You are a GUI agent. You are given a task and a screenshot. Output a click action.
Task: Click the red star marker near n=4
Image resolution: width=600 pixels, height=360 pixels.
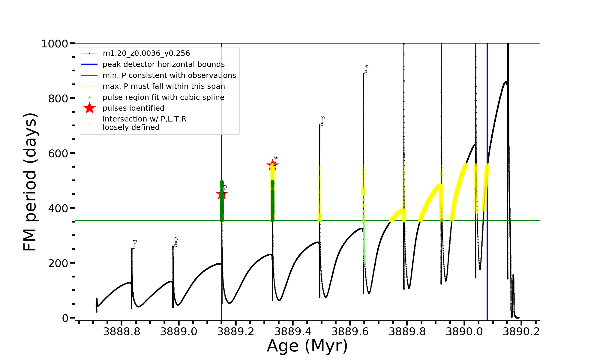[x=272, y=165]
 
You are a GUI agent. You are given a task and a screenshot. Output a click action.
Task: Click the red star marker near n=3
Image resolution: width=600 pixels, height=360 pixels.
[x=222, y=194]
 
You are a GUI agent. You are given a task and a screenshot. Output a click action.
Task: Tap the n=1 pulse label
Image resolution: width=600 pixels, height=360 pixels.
[x=135, y=244]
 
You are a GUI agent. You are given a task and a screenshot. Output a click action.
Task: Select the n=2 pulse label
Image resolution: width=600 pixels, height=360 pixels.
[x=176, y=241]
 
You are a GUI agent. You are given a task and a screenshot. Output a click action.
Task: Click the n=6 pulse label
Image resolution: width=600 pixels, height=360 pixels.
[x=366, y=69]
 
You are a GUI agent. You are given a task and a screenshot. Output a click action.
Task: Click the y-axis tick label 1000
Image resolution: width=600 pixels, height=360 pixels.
[x=55, y=44]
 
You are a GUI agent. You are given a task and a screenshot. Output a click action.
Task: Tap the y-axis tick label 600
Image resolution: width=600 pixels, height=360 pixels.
[x=58, y=153]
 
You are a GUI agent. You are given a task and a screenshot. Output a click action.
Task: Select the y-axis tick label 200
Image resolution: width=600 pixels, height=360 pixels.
[x=58, y=263]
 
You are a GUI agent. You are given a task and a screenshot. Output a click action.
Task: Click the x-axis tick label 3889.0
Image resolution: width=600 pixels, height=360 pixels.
[x=179, y=332]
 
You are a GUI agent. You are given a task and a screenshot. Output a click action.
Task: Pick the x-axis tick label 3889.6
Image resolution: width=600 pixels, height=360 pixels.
[x=350, y=332]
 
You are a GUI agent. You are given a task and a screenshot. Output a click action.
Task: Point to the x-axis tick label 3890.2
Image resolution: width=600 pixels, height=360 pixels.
[x=521, y=332]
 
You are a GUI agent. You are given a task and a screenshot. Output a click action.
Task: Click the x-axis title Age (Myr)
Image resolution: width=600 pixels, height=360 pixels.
[x=307, y=346]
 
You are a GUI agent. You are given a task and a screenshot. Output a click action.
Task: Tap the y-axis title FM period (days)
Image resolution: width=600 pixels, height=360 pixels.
[x=30, y=182]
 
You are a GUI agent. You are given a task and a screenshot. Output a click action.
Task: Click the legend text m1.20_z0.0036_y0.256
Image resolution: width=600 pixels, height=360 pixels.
[x=146, y=53]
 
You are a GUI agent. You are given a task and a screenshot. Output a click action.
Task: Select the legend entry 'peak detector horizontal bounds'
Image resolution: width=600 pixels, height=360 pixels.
[x=163, y=64]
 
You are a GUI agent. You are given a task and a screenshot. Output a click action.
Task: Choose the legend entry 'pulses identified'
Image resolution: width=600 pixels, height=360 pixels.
[x=133, y=108]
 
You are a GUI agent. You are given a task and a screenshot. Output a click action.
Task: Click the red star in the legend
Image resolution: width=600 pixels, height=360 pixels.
[x=89, y=108]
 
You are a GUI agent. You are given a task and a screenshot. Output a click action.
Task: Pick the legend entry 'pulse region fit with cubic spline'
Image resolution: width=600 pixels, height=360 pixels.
[x=163, y=97]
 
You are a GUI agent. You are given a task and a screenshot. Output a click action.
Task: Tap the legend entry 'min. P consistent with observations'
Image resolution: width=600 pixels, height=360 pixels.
[x=169, y=75]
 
